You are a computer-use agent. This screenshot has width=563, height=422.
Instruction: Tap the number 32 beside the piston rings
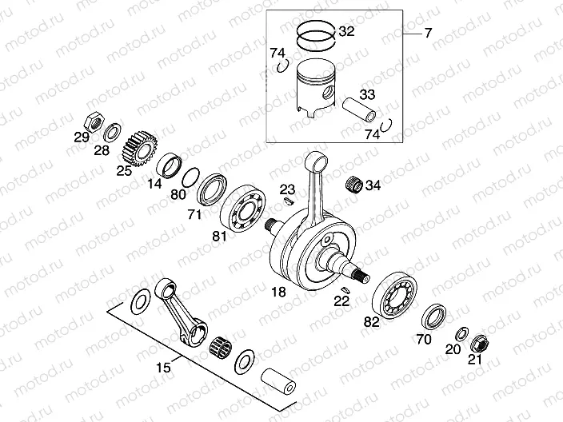346,33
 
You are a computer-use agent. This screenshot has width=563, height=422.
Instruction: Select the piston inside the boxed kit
321,88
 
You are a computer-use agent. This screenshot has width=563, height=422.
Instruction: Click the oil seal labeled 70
434,315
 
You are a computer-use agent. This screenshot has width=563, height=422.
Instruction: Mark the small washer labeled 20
461,332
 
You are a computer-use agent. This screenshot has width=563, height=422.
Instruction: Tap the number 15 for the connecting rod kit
163,368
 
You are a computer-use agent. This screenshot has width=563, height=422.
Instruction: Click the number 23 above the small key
287,189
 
